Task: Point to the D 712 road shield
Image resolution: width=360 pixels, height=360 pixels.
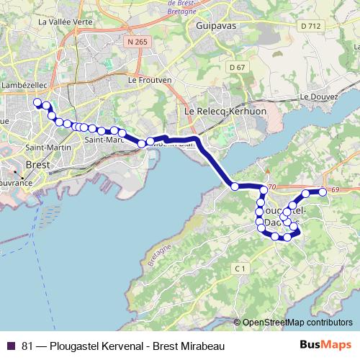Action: pyautogui.click(x=310, y=26)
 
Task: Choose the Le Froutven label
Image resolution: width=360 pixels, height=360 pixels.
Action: pyautogui.click(x=149, y=80)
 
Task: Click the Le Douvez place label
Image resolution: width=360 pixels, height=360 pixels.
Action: pyautogui.click(x=315, y=96)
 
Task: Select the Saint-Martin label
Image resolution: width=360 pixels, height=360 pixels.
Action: pyautogui.click(x=42, y=148)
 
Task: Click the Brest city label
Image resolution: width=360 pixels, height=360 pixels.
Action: pyautogui.click(x=36, y=164)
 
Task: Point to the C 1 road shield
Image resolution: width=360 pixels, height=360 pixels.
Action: pyautogui.click(x=240, y=269)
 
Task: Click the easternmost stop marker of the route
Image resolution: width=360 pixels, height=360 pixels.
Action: pyautogui.click(x=323, y=192)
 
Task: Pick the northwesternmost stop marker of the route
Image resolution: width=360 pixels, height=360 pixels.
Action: pyautogui.click(x=37, y=104)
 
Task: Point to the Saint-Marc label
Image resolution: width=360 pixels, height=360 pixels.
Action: pyautogui.click(x=101, y=140)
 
